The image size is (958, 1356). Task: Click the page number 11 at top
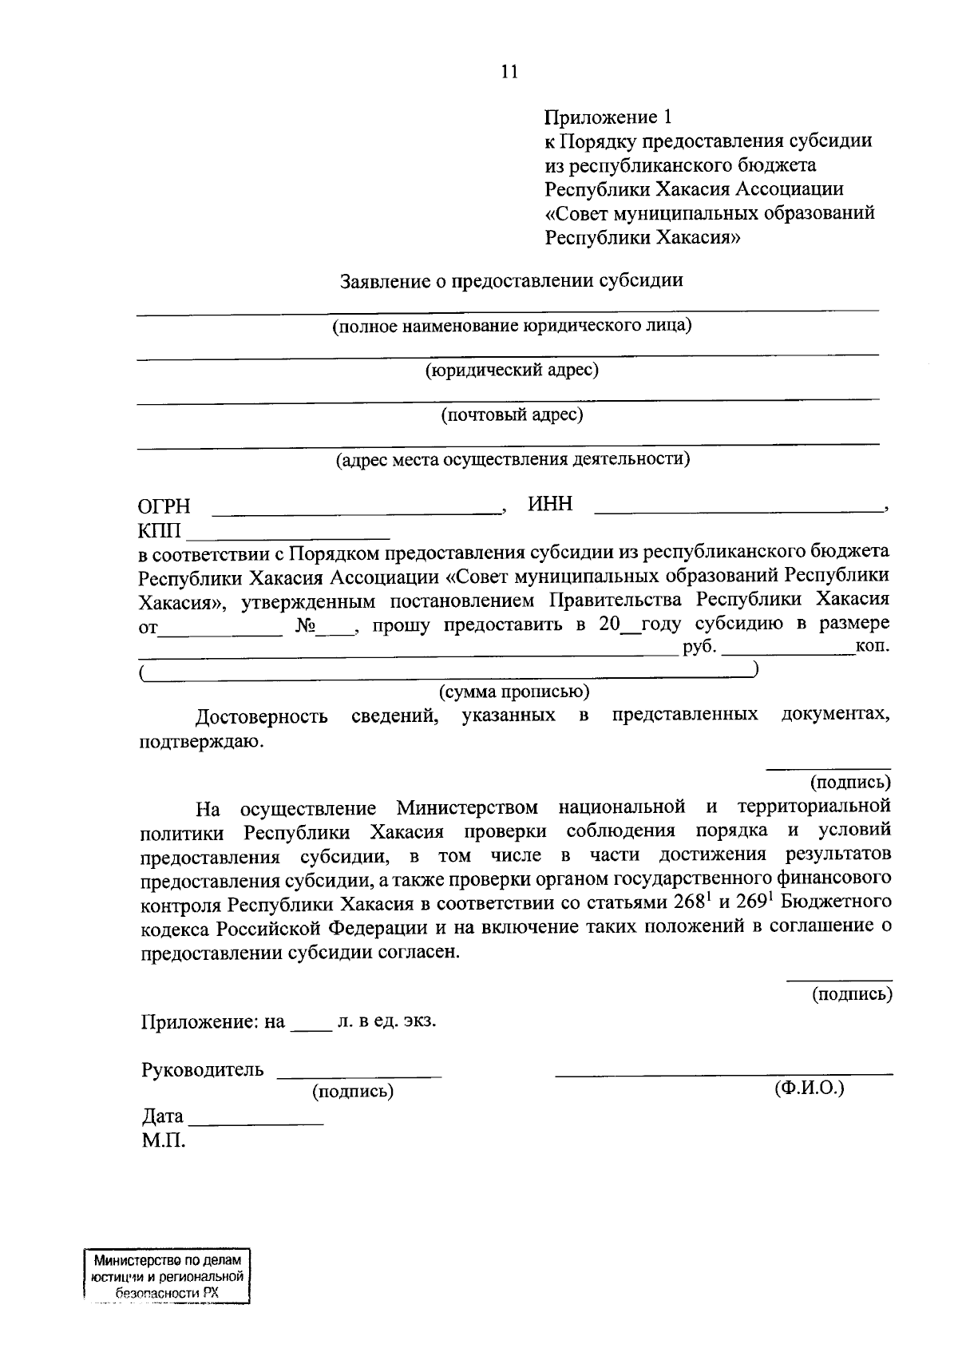click(509, 72)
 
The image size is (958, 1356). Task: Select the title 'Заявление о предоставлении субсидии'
click(511, 281)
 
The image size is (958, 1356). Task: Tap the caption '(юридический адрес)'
click(512, 370)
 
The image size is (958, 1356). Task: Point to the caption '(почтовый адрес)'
click(512, 414)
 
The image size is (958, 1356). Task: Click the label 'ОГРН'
click(164, 506)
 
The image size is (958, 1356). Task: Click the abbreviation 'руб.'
click(699, 645)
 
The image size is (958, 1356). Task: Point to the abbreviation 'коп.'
click(873, 645)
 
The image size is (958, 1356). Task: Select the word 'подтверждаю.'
click(200, 741)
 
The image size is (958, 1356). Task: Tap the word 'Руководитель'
click(202, 1069)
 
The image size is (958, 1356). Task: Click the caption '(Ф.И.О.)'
click(809, 1088)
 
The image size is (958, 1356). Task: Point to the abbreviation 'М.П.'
click(164, 1141)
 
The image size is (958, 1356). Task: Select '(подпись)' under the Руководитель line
click(353, 1091)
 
